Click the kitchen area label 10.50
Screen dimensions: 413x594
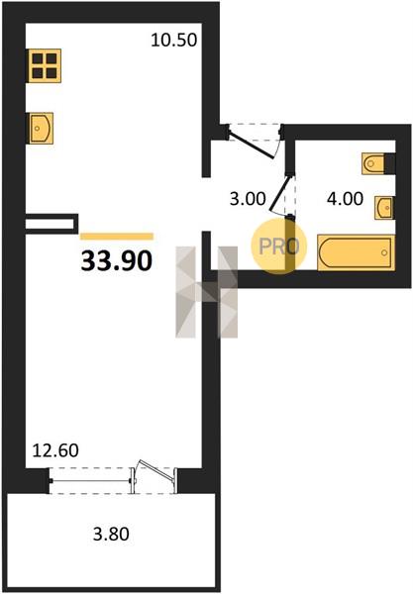[x=174, y=40]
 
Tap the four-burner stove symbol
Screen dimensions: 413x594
[x=45, y=65]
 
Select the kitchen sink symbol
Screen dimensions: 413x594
[x=41, y=128]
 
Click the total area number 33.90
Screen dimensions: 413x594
[x=117, y=261]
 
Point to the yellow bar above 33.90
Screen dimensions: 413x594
[x=117, y=237]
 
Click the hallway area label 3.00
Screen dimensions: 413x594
[x=248, y=199]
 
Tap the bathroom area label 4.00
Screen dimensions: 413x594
[x=346, y=199]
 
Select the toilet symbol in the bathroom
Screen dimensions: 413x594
[x=373, y=163]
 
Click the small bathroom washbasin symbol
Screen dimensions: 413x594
[x=384, y=207]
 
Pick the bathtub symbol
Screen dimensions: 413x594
[x=356, y=252]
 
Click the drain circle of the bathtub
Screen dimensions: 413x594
[x=384, y=252]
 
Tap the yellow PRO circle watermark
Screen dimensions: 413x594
[x=279, y=247]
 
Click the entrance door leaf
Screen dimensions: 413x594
[x=252, y=142]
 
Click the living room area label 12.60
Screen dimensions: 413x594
[x=55, y=450]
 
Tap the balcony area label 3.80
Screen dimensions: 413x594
[x=111, y=534]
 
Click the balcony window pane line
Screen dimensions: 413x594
[x=90, y=481]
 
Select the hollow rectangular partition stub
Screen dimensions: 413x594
[x=52, y=224]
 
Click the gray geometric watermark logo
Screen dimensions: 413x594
[x=206, y=292]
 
